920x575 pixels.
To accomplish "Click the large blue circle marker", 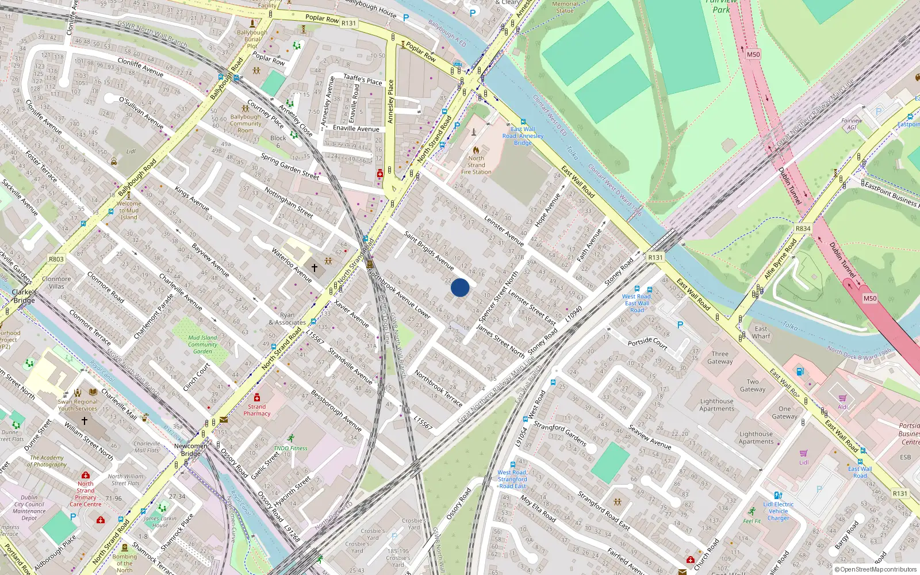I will [x=460, y=287].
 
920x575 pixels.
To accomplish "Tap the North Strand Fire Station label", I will [x=476, y=165].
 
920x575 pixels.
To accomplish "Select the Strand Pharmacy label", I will [x=257, y=410].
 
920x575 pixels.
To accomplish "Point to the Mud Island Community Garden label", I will [x=202, y=344].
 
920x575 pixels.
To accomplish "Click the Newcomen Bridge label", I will [x=191, y=450].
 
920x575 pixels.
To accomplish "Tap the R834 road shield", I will [x=803, y=229].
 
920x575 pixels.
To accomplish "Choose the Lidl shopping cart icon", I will [x=804, y=453].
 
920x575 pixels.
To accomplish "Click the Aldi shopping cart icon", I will [x=842, y=398].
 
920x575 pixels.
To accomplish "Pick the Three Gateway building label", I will [x=720, y=358].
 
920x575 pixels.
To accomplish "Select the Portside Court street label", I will [x=647, y=343].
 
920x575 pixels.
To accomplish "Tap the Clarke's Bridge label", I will [x=24, y=296].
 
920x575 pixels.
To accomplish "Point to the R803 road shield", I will [x=56, y=259].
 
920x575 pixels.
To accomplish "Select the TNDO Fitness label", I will [x=290, y=448].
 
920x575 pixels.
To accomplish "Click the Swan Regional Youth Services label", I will [x=78, y=405].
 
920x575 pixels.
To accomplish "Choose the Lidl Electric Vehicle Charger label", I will [x=779, y=511].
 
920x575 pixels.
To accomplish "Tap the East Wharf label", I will [x=761, y=332].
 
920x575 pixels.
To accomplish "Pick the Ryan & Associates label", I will [x=287, y=319].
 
